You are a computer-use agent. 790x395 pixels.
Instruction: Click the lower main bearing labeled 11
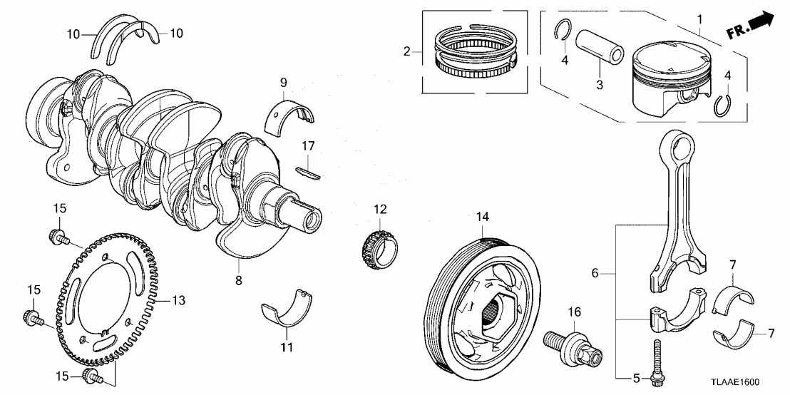coord(287,308)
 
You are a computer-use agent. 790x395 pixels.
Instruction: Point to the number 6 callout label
coord(596,272)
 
